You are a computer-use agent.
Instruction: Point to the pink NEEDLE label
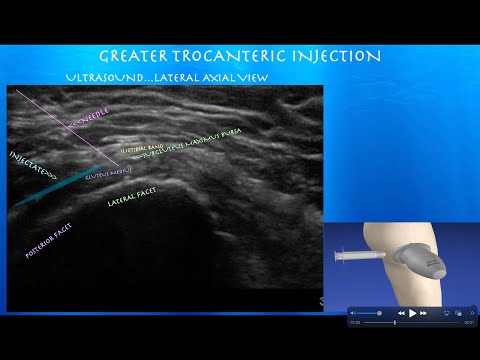(x=91, y=118)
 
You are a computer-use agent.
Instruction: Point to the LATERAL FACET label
(x=135, y=202)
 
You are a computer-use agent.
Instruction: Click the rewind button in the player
(x=400, y=313)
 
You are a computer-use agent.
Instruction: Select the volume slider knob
(x=378, y=313)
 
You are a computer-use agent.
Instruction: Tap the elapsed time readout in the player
(x=355, y=323)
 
